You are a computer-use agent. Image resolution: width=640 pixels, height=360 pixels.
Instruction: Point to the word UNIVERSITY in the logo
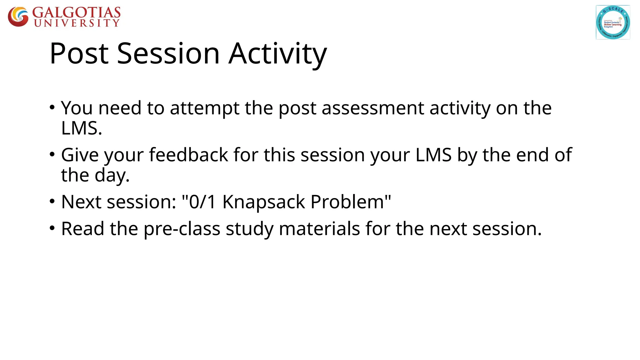[77, 23]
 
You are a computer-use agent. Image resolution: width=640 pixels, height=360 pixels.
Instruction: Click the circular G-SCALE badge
[612, 22]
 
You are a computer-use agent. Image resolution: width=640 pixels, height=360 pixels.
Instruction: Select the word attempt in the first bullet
[204, 108]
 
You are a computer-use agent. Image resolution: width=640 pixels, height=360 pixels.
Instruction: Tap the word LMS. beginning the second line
[82, 128]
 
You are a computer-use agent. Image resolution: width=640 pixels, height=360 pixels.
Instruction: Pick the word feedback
[188, 155]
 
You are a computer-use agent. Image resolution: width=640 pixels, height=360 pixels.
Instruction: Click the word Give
[80, 155]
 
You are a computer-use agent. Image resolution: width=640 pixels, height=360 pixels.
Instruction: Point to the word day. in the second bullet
[112, 175]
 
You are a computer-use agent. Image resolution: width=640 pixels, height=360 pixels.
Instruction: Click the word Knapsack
[263, 202]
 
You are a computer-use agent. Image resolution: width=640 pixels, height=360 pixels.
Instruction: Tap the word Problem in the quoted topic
[347, 202]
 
